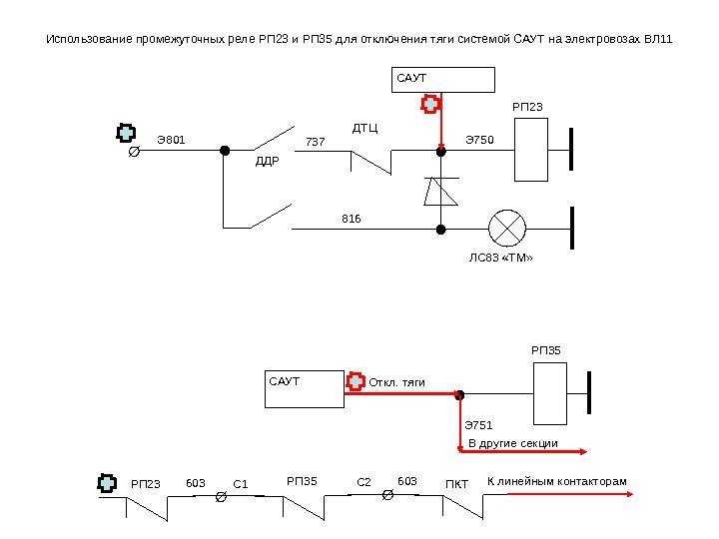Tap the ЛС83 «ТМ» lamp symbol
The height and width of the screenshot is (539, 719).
tap(507, 229)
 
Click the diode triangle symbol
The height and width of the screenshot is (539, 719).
tap(440, 192)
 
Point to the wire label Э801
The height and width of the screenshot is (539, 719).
tap(171, 140)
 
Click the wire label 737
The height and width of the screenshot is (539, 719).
tap(316, 142)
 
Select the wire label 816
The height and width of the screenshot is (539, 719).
tap(352, 219)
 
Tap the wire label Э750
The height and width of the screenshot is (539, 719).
tap(479, 140)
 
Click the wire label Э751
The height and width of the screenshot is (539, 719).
tap(478, 425)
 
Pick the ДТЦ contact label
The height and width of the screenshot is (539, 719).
tap(365, 128)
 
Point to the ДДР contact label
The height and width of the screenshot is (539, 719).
tap(268, 162)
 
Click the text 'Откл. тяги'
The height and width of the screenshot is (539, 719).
tap(397, 382)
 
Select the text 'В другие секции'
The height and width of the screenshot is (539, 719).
tap(513, 443)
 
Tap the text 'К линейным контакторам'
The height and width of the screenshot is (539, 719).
tap(556, 482)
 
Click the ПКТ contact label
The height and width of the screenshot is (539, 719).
tap(456, 484)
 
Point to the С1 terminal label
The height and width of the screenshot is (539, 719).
tap(241, 484)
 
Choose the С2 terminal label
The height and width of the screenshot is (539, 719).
tap(363, 482)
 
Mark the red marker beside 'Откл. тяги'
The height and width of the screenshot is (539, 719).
tap(356, 381)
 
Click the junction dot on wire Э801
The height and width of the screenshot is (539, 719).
tap(225, 151)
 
